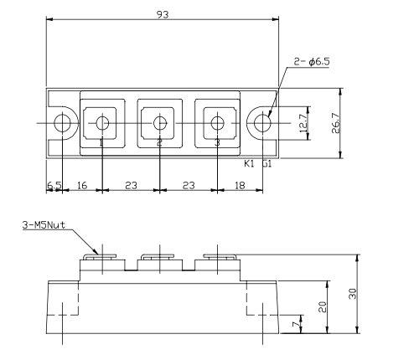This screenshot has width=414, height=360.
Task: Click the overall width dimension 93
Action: (159, 14)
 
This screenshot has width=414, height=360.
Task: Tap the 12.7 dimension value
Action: (303, 122)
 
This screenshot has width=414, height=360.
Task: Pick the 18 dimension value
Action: (241, 185)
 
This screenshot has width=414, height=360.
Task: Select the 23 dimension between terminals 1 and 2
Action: (131, 185)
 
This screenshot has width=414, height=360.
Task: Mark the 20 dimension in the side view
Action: (322, 306)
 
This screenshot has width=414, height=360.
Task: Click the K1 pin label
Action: (249, 164)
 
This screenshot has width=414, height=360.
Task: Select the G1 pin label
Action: (265, 164)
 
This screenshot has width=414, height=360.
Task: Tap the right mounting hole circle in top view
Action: (264, 124)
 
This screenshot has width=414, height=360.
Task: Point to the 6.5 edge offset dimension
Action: (54, 185)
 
